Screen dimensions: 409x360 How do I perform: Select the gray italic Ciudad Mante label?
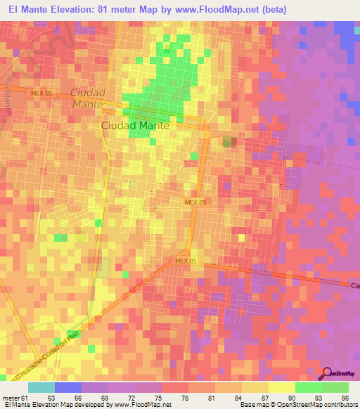(88, 98)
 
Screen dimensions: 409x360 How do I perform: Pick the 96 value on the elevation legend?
(344, 398)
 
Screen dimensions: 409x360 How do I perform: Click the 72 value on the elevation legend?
(130, 398)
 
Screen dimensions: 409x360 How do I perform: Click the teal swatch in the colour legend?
(41, 387)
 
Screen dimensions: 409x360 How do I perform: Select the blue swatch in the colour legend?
(68, 387)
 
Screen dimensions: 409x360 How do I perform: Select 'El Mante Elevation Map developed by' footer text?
(49, 405)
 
